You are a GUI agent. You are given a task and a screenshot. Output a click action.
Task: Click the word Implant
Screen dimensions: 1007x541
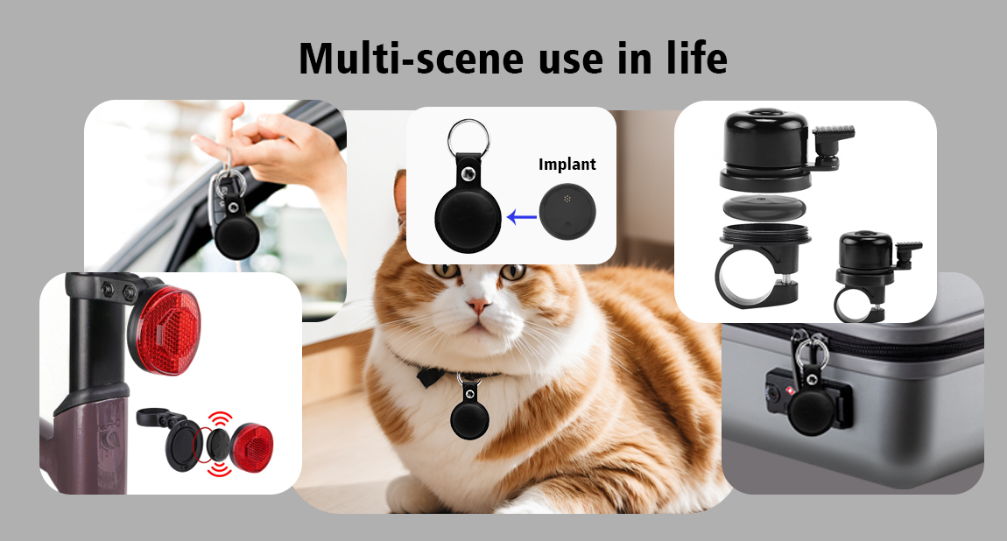tap(567, 165)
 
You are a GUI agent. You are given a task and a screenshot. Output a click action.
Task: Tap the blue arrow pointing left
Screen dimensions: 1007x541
tap(522, 217)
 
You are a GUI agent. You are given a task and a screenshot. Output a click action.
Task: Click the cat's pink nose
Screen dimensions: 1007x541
tap(477, 305)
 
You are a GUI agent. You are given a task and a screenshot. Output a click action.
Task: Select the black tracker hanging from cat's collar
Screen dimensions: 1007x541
tap(469, 413)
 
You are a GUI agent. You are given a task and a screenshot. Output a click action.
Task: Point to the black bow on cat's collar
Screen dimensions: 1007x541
tap(429, 376)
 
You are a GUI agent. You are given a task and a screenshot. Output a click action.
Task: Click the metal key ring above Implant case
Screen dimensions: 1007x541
tap(468, 138)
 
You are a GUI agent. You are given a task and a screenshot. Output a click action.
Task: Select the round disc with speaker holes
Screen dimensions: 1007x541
tap(567, 212)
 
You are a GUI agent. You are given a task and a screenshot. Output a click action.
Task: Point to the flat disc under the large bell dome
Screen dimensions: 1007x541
tap(764, 208)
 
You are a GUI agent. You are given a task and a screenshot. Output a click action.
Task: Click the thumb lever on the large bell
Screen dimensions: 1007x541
tap(833, 139)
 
